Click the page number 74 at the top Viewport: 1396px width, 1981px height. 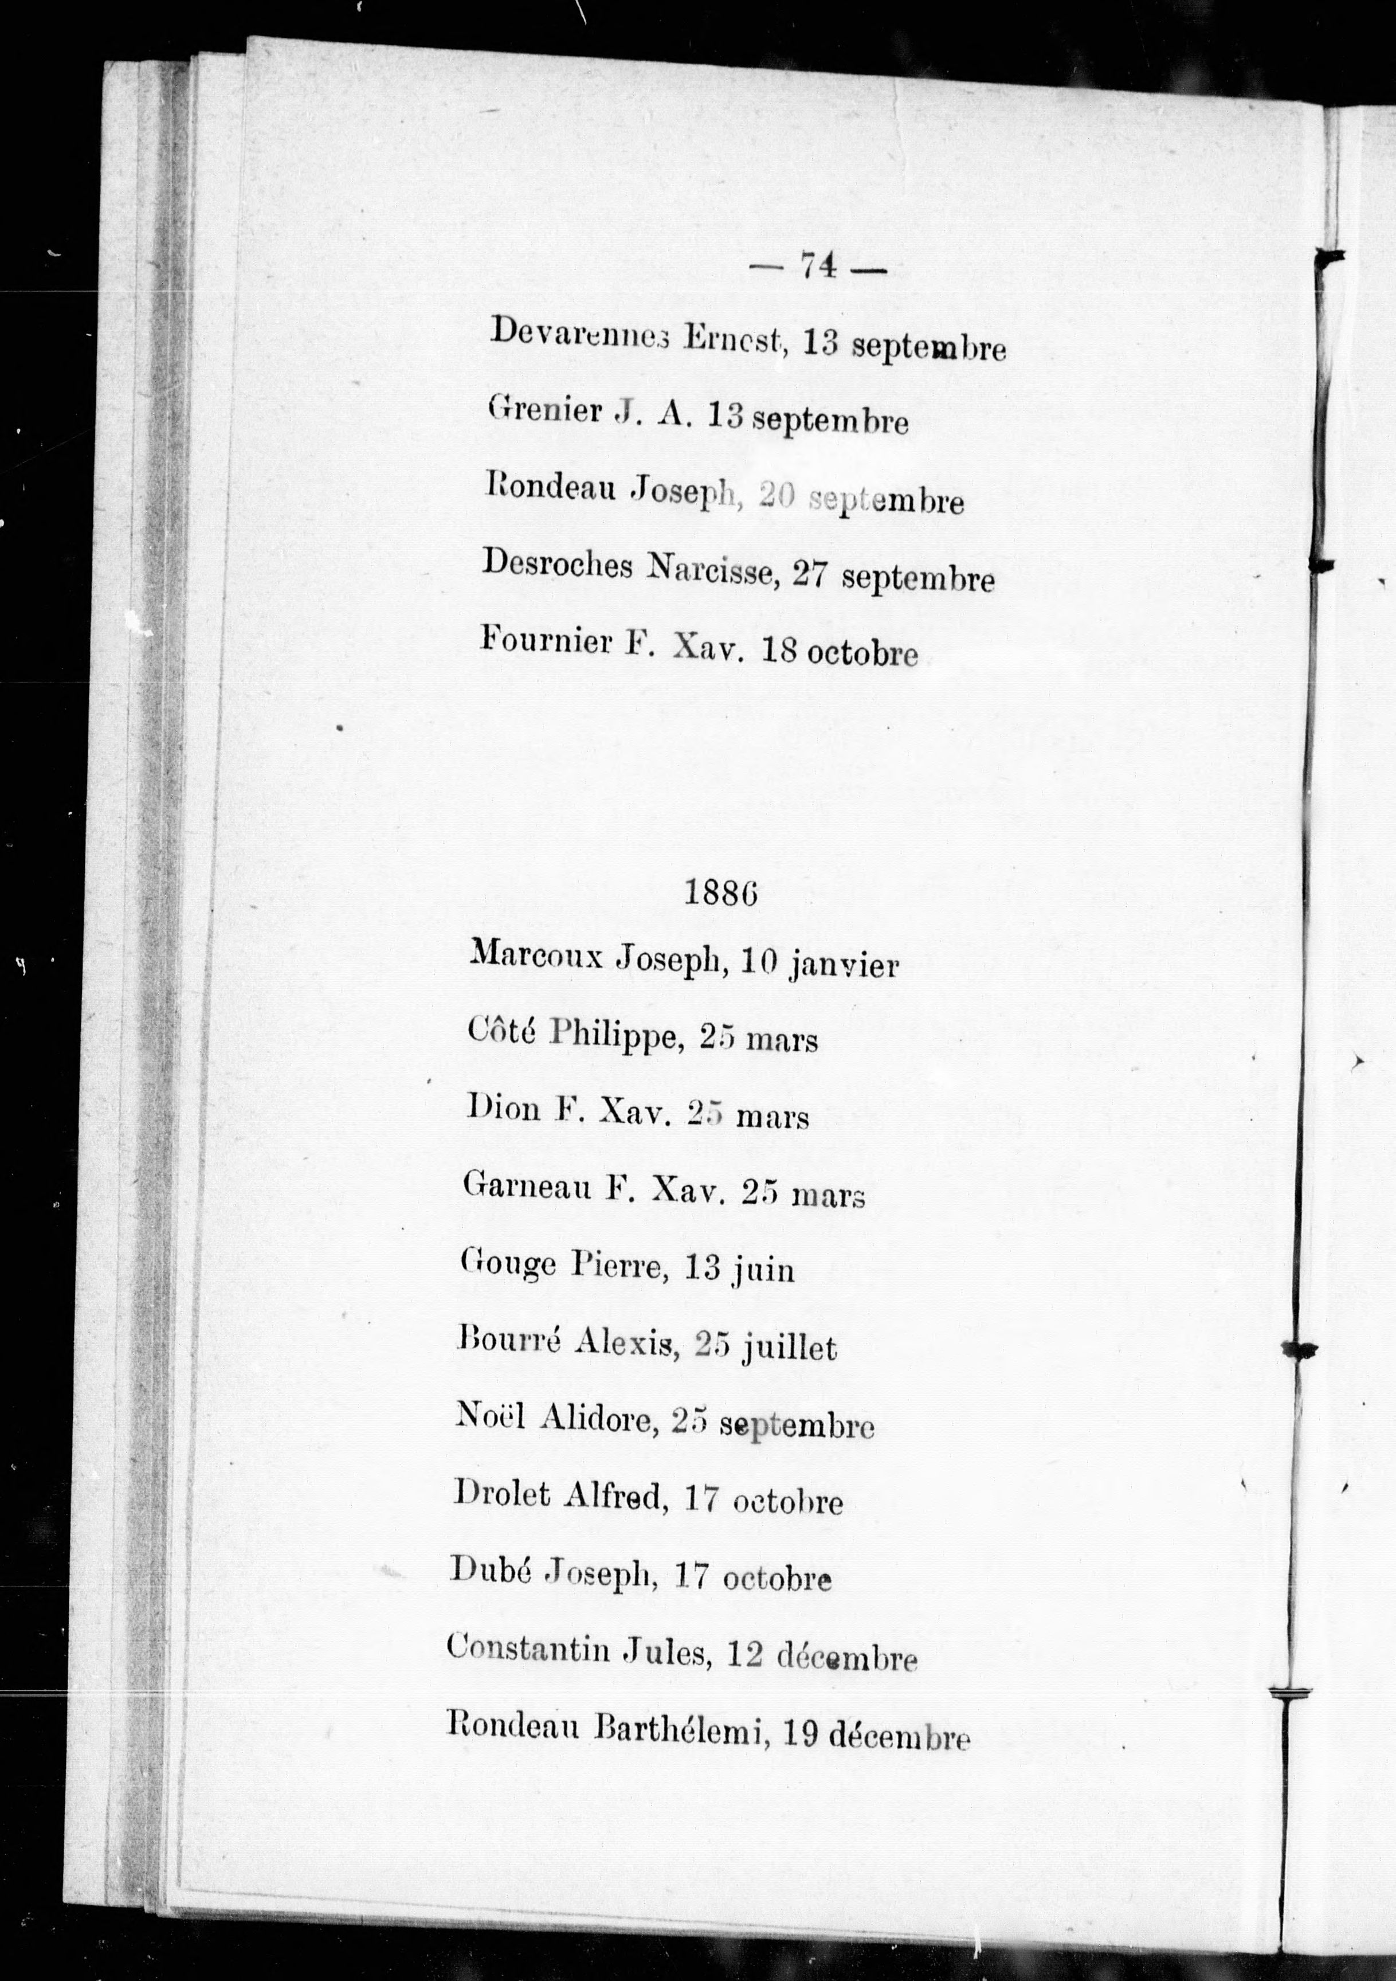818,267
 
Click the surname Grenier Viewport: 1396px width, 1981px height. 544,409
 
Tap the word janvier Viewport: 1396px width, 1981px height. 844,965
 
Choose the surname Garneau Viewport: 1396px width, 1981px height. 526,1185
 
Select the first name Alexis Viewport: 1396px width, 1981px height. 624,1344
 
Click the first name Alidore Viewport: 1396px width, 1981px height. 596,1419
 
